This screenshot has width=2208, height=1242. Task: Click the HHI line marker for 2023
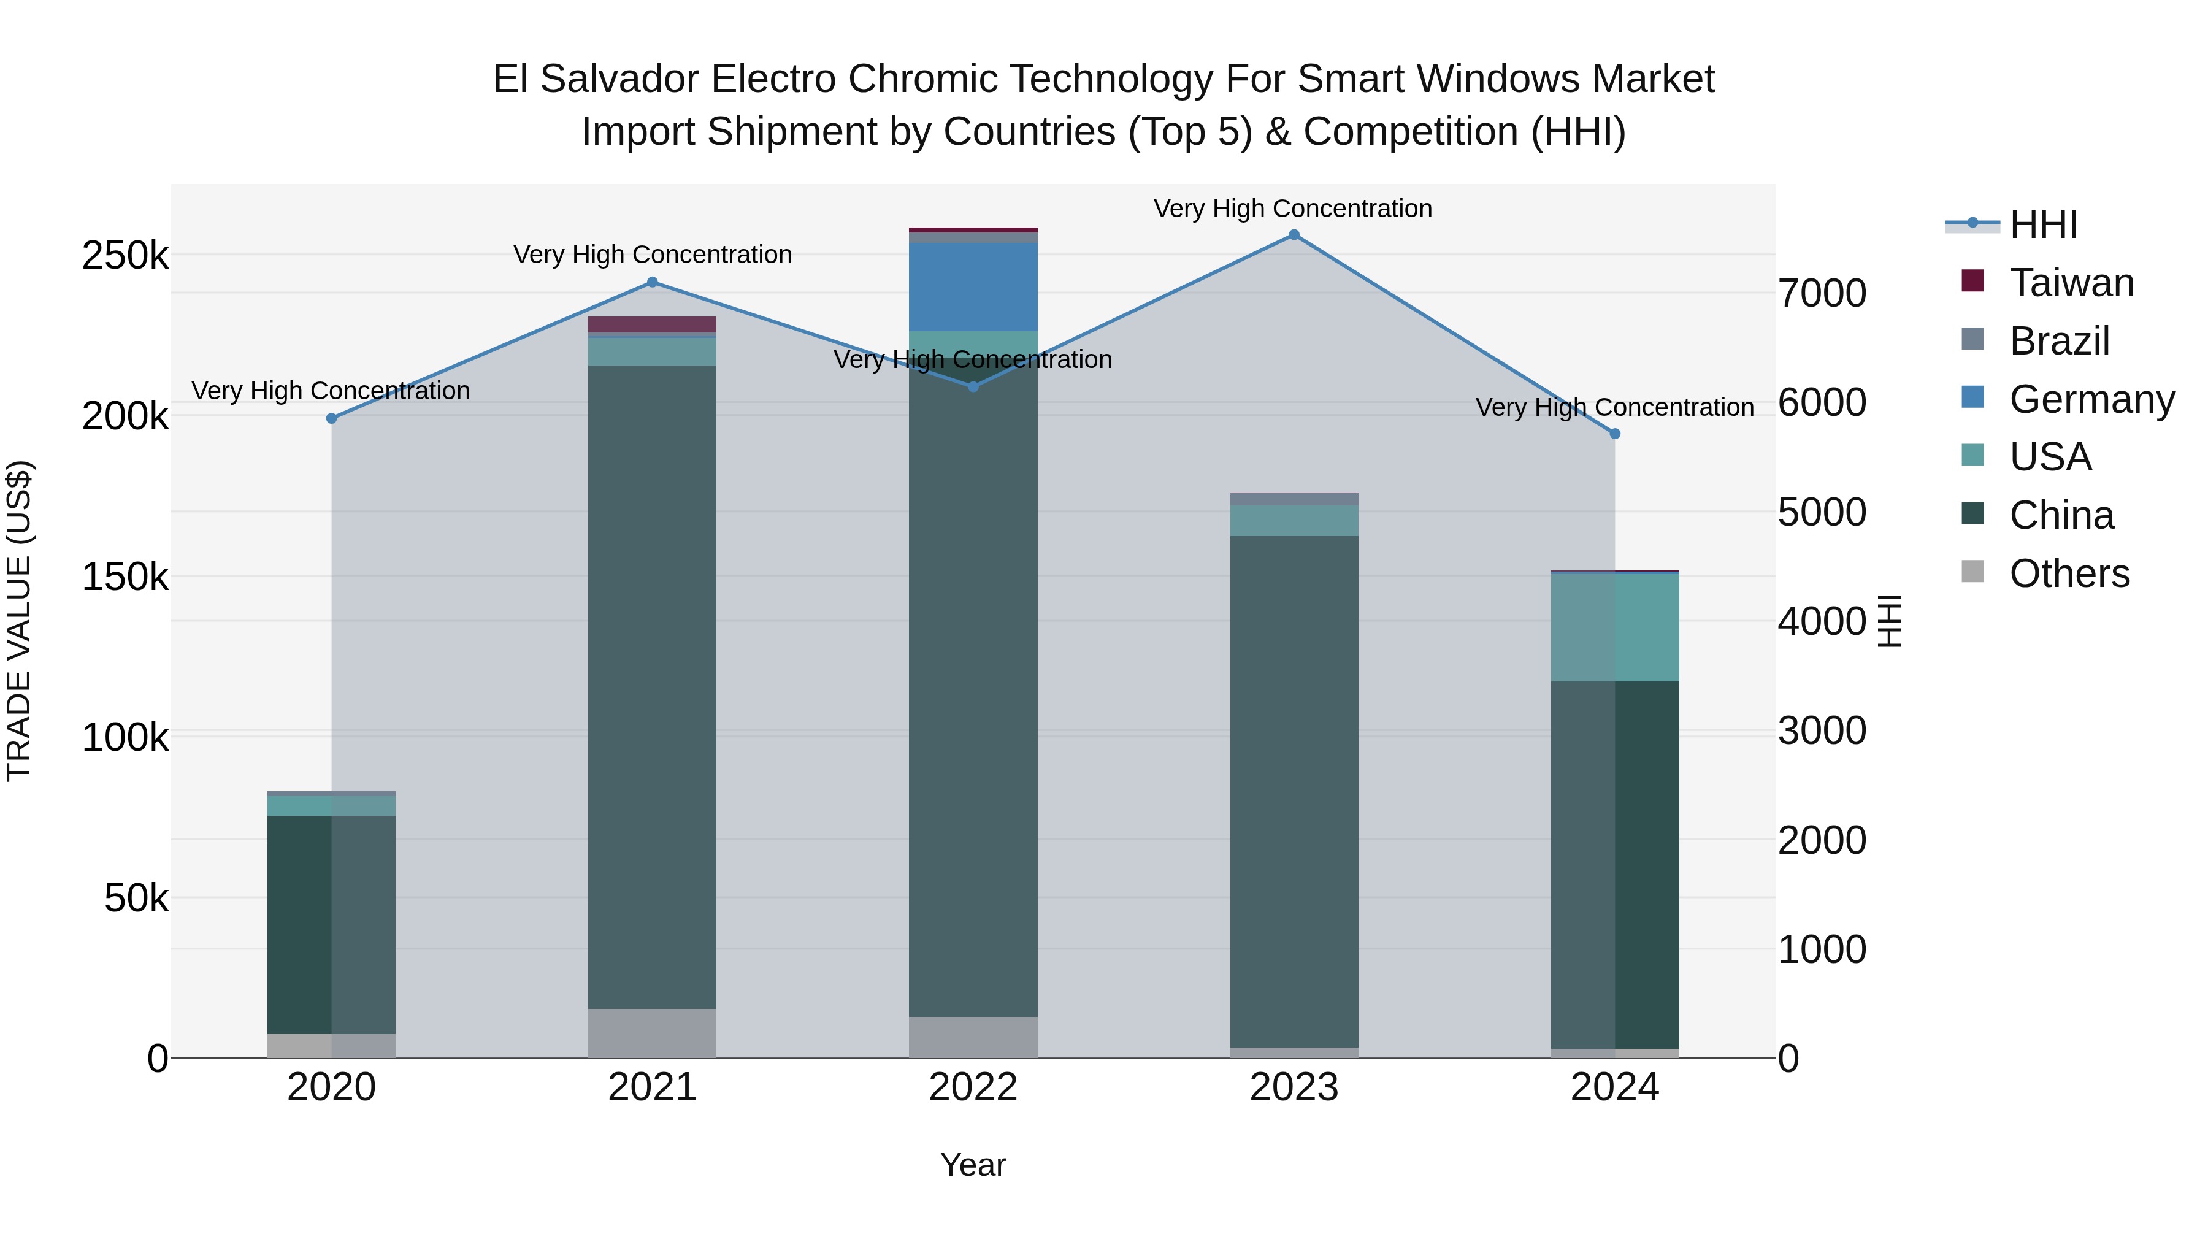tap(1294, 235)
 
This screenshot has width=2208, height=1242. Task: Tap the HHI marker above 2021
tap(653, 282)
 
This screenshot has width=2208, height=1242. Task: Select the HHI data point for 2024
tap(1615, 434)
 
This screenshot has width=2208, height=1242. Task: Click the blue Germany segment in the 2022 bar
tap(973, 286)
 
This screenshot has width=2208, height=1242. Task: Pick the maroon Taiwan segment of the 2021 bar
tap(653, 324)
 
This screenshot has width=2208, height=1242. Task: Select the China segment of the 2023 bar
tap(1294, 789)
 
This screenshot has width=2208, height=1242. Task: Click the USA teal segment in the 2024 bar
tap(1615, 627)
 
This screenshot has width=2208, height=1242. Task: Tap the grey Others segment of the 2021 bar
tap(653, 1032)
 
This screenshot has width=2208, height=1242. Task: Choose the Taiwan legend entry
tap(2070, 283)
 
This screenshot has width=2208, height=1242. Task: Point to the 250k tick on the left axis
tap(125, 255)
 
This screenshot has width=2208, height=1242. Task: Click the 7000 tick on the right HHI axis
tap(1822, 293)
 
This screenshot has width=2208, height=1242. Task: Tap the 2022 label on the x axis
tap(973, 1087)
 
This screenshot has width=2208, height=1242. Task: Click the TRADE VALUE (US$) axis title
tap(19, 621)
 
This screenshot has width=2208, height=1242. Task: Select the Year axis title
tap(973, 1165)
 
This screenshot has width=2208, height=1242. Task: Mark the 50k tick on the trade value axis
tap(136, 899)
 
